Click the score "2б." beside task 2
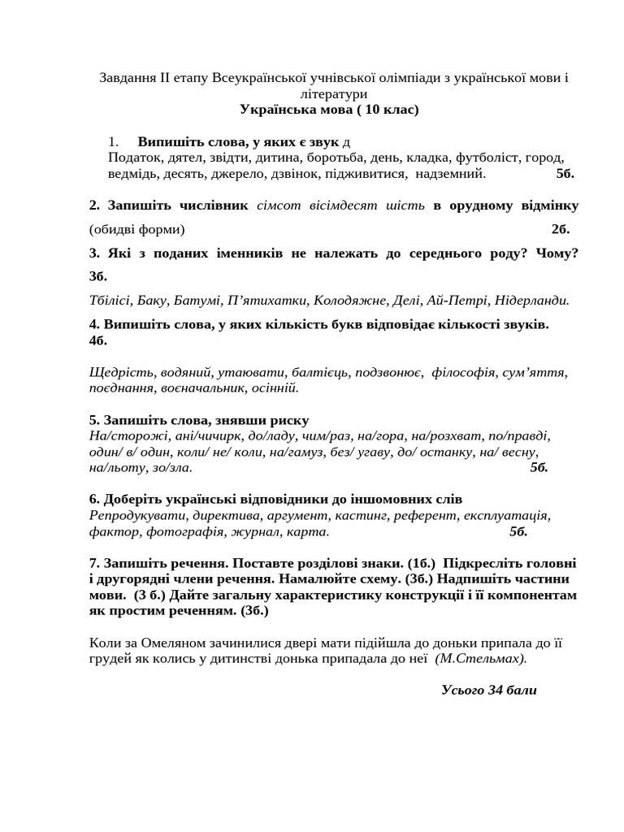coord(561,228)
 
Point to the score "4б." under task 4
coord(98,340)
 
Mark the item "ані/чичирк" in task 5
coord(181,435)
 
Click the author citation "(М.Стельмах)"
coord(480,659)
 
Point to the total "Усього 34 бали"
coord(489,691)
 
